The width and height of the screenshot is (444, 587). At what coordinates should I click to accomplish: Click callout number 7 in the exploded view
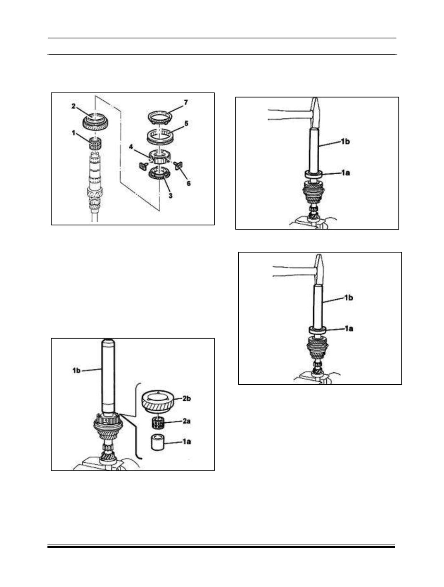coord(186,103)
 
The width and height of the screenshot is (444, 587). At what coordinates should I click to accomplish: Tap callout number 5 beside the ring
coord(186,123)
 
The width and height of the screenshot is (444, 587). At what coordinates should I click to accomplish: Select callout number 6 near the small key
coord(189,183)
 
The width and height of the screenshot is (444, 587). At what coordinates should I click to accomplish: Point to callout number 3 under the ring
coord(171,196)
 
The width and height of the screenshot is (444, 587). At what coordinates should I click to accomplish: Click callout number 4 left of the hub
coord(131,147)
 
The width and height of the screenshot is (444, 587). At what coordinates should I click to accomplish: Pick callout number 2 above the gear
coord(73,106)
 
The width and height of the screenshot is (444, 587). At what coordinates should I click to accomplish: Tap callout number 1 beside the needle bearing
coord(74,133)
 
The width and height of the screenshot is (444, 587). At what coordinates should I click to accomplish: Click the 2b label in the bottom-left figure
coord(186,398)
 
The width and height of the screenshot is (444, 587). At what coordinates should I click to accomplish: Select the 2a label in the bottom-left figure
coord(186,421)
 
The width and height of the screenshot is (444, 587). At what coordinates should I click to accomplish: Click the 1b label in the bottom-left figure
coord(76,371)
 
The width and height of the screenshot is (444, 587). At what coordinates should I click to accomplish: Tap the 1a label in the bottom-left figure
coord(186,442)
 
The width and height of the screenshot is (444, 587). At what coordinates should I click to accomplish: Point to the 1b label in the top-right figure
coord(345,142)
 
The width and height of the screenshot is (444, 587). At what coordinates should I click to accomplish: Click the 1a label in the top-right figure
coord(345,173)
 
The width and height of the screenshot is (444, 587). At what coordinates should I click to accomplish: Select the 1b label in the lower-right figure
coord(348,297)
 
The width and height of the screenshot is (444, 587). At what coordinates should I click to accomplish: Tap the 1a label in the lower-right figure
coord(348,329)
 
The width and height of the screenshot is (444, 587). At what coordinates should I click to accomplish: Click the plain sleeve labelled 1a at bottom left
coord(158,443)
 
